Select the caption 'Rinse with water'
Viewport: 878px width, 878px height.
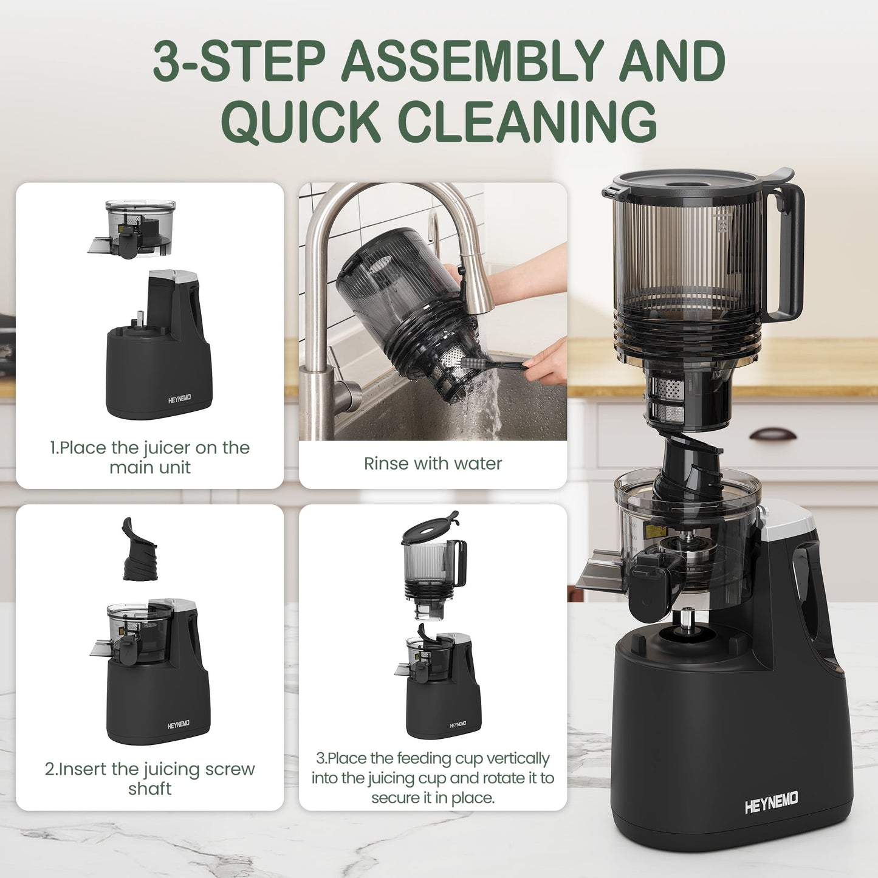433,464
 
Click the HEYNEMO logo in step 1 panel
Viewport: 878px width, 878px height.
179,399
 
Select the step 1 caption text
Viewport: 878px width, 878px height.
149,458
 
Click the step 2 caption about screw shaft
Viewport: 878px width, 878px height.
149,778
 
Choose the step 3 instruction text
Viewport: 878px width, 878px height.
433,778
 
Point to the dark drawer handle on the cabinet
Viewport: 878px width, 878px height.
772,434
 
